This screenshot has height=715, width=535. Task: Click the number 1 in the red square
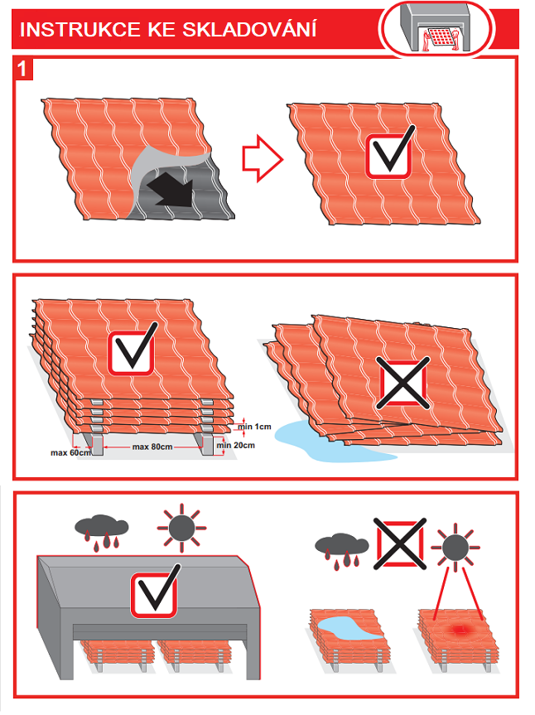[x=22, y=70]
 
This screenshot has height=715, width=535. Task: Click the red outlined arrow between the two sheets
[x=263, y=158]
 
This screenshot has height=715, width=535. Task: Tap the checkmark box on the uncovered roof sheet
[x=390, y=152]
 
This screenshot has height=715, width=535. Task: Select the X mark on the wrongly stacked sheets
[x=402, y=382]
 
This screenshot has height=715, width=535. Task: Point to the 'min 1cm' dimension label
[x=255, y=427]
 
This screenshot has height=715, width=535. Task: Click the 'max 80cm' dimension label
[x=152, y=447]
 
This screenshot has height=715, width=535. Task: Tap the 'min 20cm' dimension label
[x=235, y=445]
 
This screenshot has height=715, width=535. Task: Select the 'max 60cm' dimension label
[x=70, y=453]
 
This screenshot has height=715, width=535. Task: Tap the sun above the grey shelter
[x=181, y=528]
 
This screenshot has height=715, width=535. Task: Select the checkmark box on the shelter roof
[x=156, y=592]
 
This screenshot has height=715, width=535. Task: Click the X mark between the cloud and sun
[x=400, y=543]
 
